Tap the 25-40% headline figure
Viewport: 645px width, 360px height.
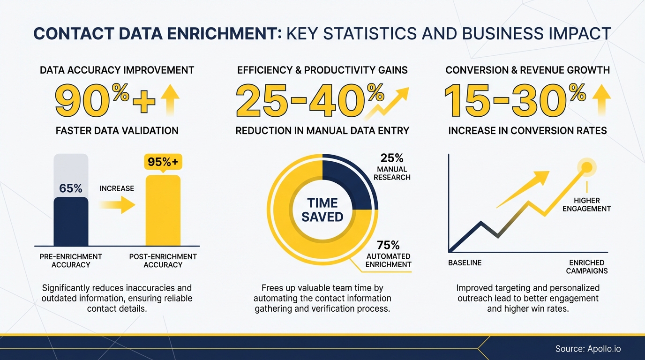309,99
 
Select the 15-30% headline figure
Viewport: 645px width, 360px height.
514,99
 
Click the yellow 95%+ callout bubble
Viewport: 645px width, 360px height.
163,162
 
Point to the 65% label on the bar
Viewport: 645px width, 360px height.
71,188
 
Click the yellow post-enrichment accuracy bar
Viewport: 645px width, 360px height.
163,211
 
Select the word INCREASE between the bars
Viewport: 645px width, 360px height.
117,188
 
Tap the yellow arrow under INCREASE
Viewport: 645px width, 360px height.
117,205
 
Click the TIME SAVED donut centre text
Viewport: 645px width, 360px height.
322,210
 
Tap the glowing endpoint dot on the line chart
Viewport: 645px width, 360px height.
586,166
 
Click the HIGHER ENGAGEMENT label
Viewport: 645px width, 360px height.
586,204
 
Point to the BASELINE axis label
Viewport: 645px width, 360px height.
465,262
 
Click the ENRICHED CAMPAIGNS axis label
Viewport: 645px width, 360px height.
586,267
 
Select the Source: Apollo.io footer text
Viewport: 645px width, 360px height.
588,349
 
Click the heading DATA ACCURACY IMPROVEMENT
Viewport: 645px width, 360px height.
117,70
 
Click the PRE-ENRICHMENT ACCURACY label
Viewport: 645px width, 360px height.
71,261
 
